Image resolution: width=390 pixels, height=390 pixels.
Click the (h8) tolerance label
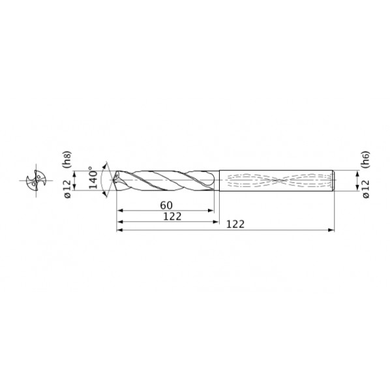click(68, 159)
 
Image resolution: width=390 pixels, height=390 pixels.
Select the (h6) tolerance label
click(366, 159)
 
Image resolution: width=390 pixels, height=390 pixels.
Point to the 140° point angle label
click(93, 177)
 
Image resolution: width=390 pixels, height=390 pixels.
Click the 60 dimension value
click(166, 205)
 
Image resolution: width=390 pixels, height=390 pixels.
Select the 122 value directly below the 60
click(172, 217)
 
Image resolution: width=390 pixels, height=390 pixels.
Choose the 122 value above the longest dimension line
click(235, 224)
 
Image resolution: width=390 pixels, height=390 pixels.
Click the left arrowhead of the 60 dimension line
click(120, 211)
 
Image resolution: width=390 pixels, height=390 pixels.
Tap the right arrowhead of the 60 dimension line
click(211, 211)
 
